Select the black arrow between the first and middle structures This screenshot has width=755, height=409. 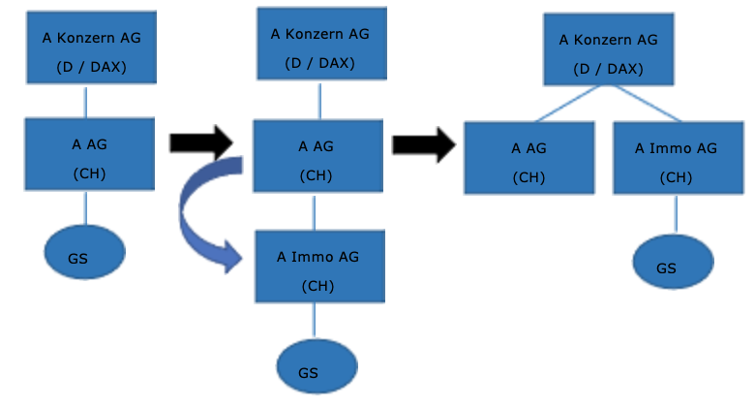click(200, 143)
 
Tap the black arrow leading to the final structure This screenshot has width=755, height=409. click(423, 145)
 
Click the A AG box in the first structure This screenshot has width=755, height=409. click(89, 153)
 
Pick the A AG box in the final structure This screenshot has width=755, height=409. click(528, 157)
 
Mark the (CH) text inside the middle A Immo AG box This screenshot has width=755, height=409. click(317, 286)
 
